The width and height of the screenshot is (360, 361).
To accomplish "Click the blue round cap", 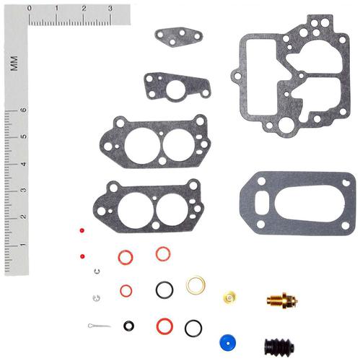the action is pos(227,343).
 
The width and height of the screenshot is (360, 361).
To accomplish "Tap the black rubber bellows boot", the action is pos(279,347).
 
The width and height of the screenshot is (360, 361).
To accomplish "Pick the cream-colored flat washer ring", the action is pos(196,285).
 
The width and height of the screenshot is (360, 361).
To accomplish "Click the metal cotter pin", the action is pos(99,326).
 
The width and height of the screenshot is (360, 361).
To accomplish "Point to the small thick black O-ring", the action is pos(128,326).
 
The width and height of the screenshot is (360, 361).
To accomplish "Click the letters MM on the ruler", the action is pos(14,64).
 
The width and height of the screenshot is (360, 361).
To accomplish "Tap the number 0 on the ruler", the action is pos(30,9).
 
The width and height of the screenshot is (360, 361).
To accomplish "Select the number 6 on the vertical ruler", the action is pos(24,110).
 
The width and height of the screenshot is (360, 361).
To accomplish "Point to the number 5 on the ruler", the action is pos(24,136).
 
